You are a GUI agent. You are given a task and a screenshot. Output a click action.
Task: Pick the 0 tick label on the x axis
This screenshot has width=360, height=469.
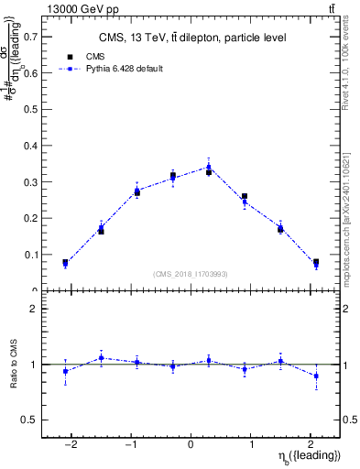(x=191, y=444)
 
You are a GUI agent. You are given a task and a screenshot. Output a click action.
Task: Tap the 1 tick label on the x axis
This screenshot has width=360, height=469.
(x=251, y=444)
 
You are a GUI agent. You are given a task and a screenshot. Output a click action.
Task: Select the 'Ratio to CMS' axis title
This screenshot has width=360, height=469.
(x=13, y=376)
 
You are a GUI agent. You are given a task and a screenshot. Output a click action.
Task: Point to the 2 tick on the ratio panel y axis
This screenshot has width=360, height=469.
(x=35, y=310)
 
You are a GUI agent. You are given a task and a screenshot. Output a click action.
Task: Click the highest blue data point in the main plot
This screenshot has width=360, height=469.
(x=209, y=167)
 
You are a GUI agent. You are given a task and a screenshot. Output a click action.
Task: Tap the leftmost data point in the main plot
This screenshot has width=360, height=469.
(x=65, y=265)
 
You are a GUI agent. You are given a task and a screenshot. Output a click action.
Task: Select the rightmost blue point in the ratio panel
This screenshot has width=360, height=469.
(x=316, y=376)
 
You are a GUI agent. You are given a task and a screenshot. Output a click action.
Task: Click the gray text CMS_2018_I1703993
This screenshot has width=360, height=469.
(x=191, y=274)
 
